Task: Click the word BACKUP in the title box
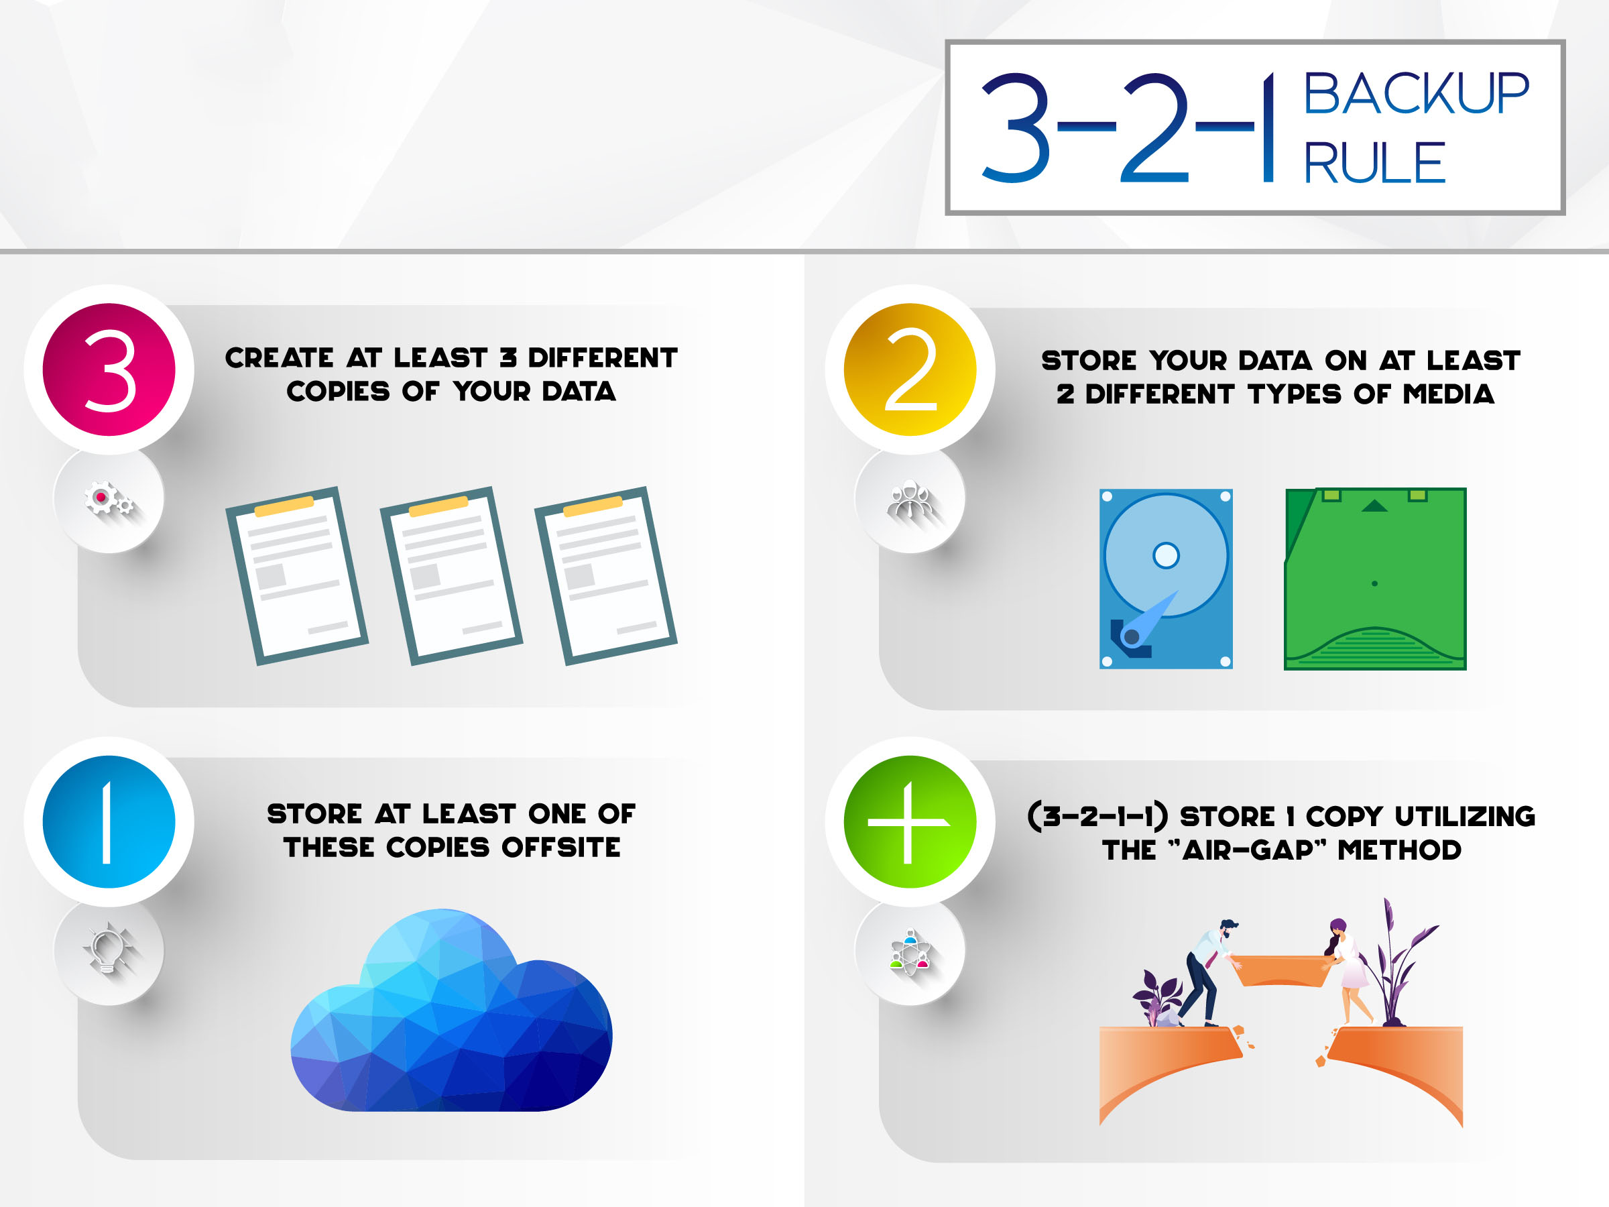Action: coord(1415,94)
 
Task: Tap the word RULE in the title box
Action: coord(1373,164)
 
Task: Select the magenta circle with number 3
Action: coord(109,369)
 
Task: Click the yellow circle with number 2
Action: coord(909,369)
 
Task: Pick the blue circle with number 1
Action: coord(109,821)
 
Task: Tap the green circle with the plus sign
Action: coord(909,821)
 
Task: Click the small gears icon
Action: coord(109,500)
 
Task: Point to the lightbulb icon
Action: coord(109,950)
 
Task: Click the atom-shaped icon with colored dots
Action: coord(909,952)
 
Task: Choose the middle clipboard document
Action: coord(451,575)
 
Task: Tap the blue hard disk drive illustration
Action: coord(1165,579)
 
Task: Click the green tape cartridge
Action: coord(1375,579)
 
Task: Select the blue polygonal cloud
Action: coord(451,1015)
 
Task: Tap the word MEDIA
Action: coord(1448,394)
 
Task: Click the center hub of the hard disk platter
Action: coord(1165,555)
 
